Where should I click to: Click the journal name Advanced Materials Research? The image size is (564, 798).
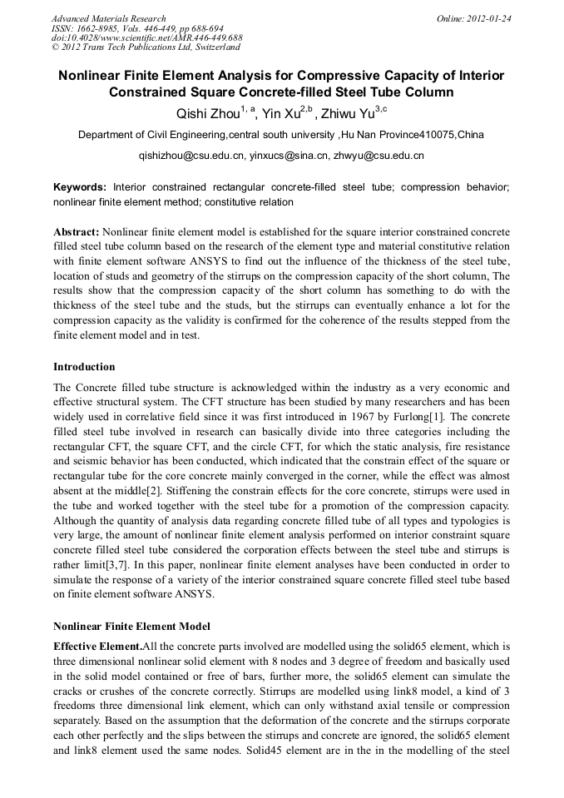point(109,18)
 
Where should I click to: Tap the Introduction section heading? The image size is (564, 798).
point(84,367)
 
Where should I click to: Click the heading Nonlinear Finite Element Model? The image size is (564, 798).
point(131,626)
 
